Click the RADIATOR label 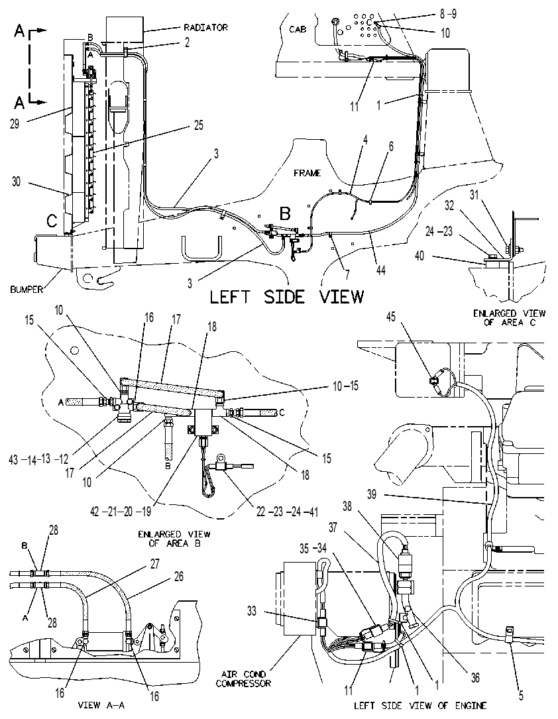[x=206, y=28]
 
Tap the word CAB [x=298, y=29]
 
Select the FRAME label [x=307, y=173]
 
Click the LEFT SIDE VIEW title [x=286, y=297]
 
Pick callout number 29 [x=15, y=124]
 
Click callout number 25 [x=198, y=125]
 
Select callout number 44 [x=380, y=270]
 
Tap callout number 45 [x=390, y=317]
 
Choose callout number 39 [x=372, y=494]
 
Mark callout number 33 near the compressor [x=251, y=611]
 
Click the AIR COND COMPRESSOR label [x=243, y=679]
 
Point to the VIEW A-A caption [x=101, y=705]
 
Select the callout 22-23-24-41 [x=287, y=512]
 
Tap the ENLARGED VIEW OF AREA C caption [x=509, y=318]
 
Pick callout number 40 [x=419, y=255]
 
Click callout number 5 [x=520, y=696]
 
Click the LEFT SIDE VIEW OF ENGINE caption [x=420, y=705]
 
